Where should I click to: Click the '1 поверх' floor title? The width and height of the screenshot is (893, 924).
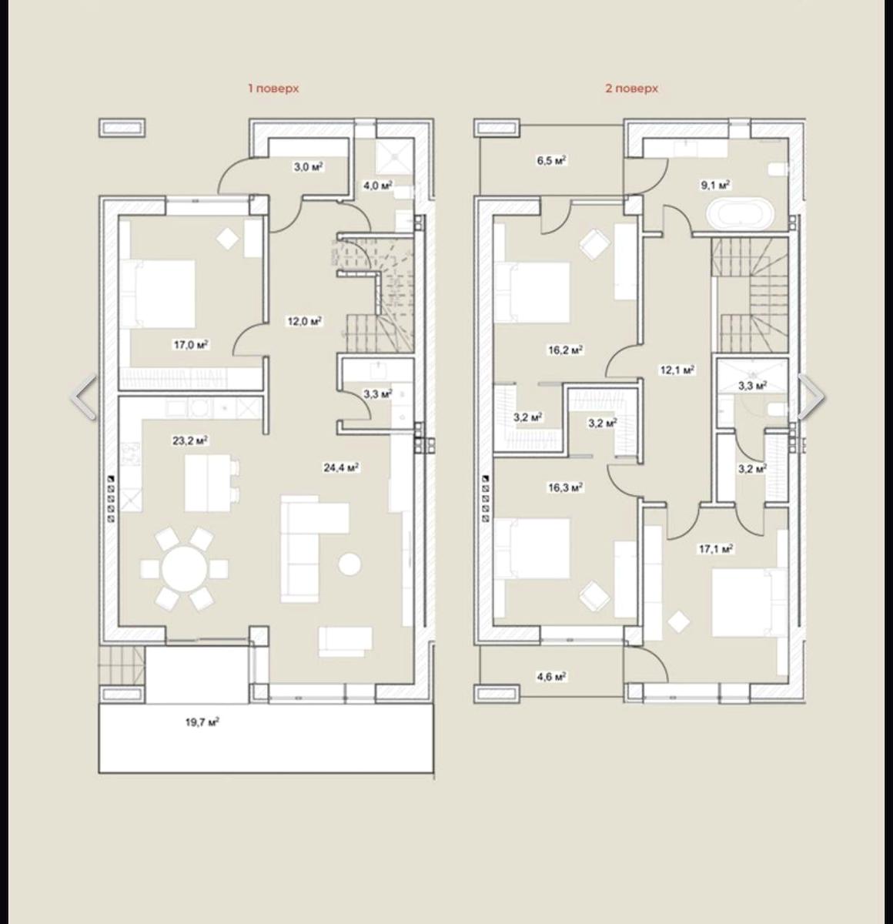click(273, 89)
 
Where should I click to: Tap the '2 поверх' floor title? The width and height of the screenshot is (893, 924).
click(631, 89)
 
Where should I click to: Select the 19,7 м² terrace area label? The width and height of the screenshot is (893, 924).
click(202, 722)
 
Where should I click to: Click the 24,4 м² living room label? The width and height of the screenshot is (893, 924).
click(341, 467)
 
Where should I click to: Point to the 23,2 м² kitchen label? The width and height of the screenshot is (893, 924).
click(190, 440)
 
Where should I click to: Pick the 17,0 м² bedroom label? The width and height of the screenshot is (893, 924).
click(192, 345)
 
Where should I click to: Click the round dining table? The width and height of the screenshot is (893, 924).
click(185, 568)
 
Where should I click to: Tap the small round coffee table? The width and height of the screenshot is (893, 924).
click(350, 564)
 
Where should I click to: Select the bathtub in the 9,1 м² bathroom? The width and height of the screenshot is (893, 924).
click(741, 214)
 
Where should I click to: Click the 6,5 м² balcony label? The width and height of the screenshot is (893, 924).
click(551, 160)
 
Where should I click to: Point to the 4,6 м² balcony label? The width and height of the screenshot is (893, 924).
click(551, 677)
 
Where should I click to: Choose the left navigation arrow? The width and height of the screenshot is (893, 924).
click(84, 397)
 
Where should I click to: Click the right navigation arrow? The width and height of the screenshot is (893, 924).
click(811, 397)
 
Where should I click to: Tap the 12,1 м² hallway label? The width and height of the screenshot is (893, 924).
click(677, 370)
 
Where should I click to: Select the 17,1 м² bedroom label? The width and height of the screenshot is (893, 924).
click(716, 549)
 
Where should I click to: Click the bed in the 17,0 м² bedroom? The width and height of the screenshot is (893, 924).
click(157, 294)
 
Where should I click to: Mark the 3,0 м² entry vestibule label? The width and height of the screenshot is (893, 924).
click(308, 166)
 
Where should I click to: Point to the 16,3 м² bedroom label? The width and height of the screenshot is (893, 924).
click(565, 487)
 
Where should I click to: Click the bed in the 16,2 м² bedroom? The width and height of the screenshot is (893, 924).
click(532, 293)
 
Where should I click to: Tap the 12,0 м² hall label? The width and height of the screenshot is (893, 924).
click(305, 321)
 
